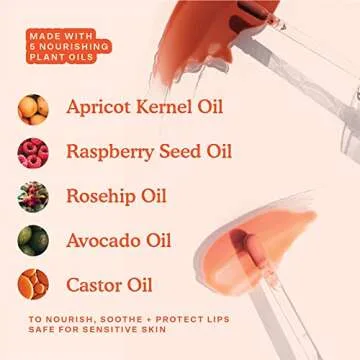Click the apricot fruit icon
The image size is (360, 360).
pos(33,109)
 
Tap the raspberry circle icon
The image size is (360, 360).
pos(33,153)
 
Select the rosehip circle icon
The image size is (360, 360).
pos(33,197)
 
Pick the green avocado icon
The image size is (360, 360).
pos(33,240)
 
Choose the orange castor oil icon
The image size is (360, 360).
pos(33,284)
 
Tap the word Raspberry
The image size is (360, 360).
pos(110,152)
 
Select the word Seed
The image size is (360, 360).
pos(180,151)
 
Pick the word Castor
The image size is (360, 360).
pos(92,285)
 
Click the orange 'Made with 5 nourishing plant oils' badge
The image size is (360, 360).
pos(69,46)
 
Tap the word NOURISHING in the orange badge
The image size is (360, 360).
pos(74,46)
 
